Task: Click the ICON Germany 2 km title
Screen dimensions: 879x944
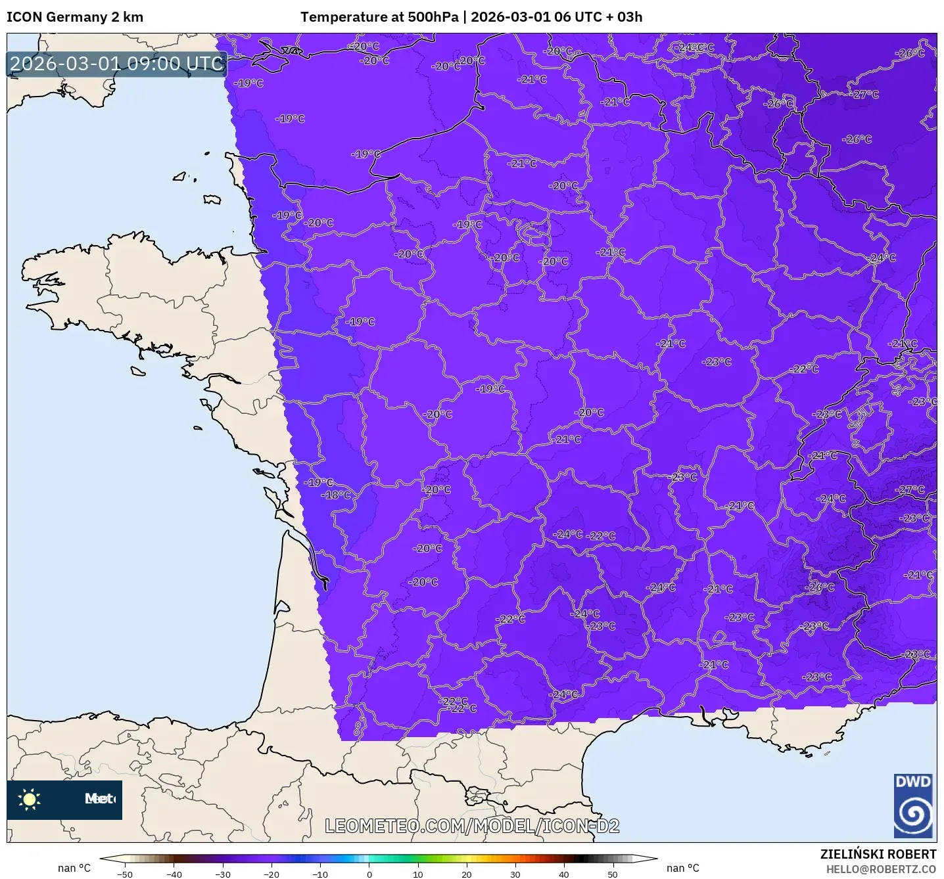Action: [x=75, y=17]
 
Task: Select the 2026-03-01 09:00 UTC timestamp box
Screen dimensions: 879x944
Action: [x=117, y=64]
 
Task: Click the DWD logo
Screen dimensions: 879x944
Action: [x=913, y=805]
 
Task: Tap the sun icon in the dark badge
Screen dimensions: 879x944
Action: [x=30, y=800]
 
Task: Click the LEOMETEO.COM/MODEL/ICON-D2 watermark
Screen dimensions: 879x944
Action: [x=472, y=826]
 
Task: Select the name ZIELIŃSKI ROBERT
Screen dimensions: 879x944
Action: [x=878, y=854]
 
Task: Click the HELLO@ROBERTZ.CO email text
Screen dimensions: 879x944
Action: [x=881, y=869]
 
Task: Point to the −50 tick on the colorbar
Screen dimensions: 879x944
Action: [x=125, y=874]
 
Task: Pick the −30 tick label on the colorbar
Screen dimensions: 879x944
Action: [x=223, y=874]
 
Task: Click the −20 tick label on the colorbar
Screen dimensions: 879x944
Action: [x=271, y=874]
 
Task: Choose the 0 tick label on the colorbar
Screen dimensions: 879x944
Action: [x=369, y=874]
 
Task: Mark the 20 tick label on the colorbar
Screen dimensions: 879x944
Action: [x=467, y=874]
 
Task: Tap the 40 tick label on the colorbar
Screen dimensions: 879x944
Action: [x=564, y=874]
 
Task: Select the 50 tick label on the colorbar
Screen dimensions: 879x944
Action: [x=613, y=874]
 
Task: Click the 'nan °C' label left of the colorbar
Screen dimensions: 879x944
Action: [x=74, y=868]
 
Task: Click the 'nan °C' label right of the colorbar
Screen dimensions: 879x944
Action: [x=683, y=868]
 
